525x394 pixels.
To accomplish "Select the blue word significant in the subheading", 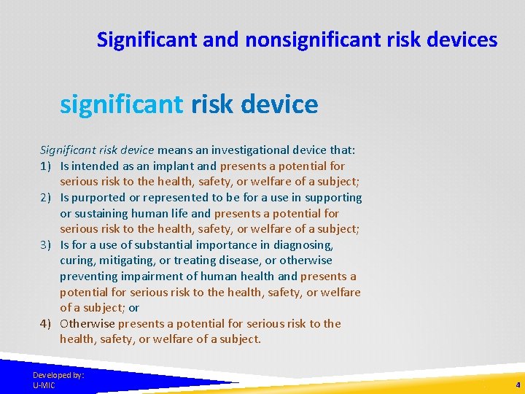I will (121, 104).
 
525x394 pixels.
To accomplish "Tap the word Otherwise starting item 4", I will (87, 324).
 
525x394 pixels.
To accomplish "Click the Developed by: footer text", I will (58, 375).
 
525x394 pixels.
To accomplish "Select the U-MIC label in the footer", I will (44, 385).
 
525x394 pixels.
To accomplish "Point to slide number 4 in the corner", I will (517, 385).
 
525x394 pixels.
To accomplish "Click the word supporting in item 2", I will (333, 198).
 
